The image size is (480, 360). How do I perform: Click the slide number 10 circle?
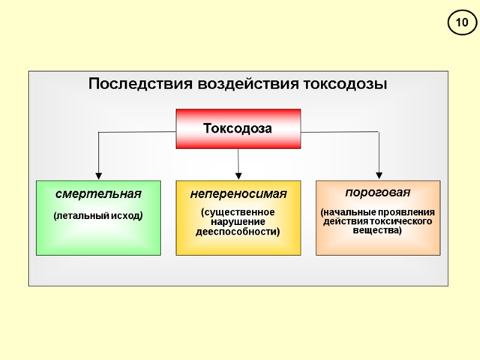click(461, 23)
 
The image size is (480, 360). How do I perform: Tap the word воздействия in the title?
click(247, 84)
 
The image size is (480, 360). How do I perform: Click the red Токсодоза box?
click(238, 128)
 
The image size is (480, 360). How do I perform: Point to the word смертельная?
click(98, 194)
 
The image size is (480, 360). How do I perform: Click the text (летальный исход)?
click(98, 215)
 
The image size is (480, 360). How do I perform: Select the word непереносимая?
click(238, 194)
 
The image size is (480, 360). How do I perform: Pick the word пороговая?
click(378, 193)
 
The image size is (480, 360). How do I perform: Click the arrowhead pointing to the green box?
click(98, 176)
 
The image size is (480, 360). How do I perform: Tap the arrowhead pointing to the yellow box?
click(239, 176)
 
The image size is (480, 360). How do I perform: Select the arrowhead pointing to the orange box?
click(379, 176)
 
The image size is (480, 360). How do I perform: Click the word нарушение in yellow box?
click(238, 222)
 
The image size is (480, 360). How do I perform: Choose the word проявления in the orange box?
click(411, 212)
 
